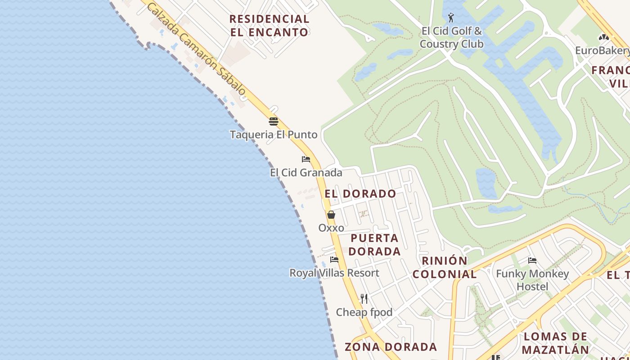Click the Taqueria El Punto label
tap(274, 135)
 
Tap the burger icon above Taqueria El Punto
tap(274, 121)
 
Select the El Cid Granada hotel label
tap(306, 173)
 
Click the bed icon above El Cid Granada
tap(306, 159)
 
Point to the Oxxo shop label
tap(331, 228)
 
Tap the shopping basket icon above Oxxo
tap(331, 215)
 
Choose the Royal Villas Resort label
tap(334, 273)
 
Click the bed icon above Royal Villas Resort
tap(334, 260)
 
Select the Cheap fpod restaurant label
tap(364, 312)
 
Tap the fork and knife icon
tap(364, 298)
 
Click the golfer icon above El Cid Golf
tap(451, 18)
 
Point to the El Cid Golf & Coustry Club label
tap(451, 37)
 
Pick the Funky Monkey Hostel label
tap(532, 280)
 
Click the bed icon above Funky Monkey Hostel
tap(532, 260)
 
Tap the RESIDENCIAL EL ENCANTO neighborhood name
tap(270, 26)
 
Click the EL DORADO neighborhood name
tap(360, 194)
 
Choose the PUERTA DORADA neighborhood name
tap(374, 245)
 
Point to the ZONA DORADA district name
tap(391, 347)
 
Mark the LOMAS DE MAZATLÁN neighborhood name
tap(555, 343)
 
